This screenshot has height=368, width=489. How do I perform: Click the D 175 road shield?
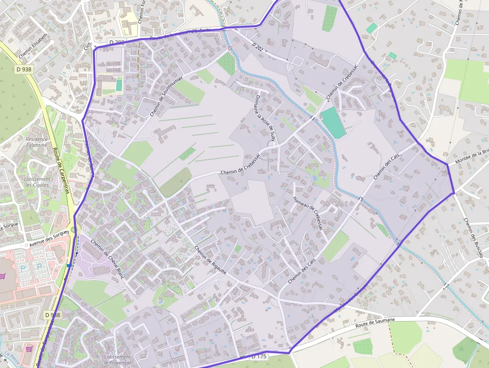tap(259, 357)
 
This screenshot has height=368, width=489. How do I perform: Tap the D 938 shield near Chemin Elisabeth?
tap(23, 69)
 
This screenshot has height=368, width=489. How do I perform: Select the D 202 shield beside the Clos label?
tap(116, 42)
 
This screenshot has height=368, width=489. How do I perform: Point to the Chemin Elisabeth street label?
tap(33, 45)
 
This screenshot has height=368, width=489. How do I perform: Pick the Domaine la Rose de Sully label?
tap(265, 119)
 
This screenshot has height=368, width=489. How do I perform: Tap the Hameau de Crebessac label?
tap(308, 213)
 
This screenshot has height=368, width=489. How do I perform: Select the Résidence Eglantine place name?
tap(36, 142)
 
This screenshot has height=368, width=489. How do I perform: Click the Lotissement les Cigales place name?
tap(38, 182)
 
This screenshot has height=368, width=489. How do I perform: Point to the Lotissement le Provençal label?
tap(118, 360)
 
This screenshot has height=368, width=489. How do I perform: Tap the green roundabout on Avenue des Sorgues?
tap(75, 230)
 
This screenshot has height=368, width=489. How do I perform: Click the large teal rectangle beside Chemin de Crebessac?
tap(333, 123)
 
